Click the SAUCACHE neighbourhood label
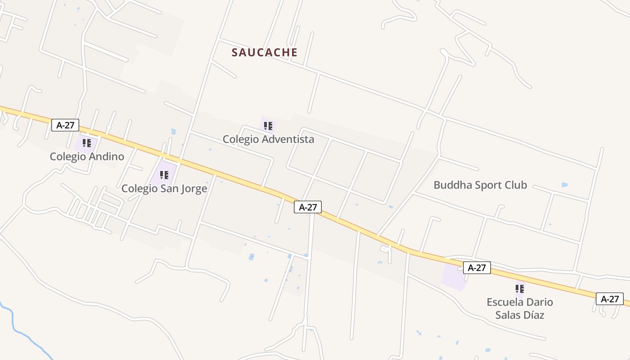[265, 53]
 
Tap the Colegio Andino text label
[87, 157]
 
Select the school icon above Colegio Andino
[87, 144]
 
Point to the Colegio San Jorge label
[164, 189]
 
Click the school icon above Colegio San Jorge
[164, 175]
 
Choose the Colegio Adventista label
[268, 139]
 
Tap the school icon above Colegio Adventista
[268, 126]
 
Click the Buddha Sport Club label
[480, 185]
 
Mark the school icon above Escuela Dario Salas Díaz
[520, 289]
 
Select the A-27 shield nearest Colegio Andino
[65, 125]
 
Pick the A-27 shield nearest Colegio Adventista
[308, 207]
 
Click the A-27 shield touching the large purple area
[477, 268]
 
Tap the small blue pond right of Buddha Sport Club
[564, 185]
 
